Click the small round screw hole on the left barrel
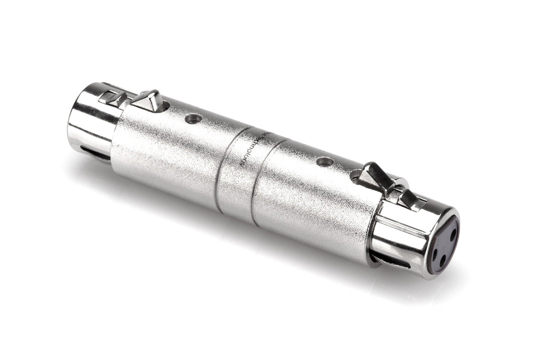click(193, 118)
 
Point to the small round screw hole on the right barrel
click(324, 162)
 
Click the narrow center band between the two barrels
click(240, 170)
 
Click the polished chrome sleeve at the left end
click(87, 120)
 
